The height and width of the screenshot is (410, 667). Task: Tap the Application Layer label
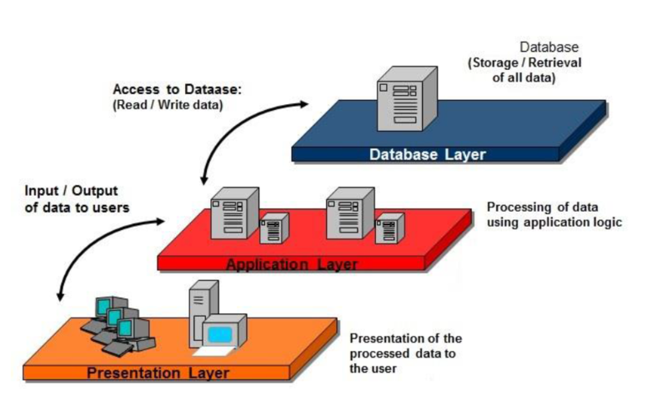point(292,265)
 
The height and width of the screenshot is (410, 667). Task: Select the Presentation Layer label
point(158,372)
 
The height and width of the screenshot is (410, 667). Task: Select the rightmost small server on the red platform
point(389,227)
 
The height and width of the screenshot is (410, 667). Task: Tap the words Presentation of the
point(405,338)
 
